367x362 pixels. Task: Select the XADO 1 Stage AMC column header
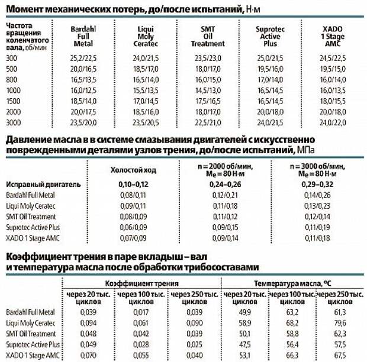(333, 36)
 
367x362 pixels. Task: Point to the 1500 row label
(12, 102)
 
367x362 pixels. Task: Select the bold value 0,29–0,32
(318, 184)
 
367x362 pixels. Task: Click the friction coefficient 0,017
(136, 312)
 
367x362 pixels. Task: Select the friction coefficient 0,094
(87, 322)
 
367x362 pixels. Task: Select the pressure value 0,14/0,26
(318, 195)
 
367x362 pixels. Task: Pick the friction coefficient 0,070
(87, 355)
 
